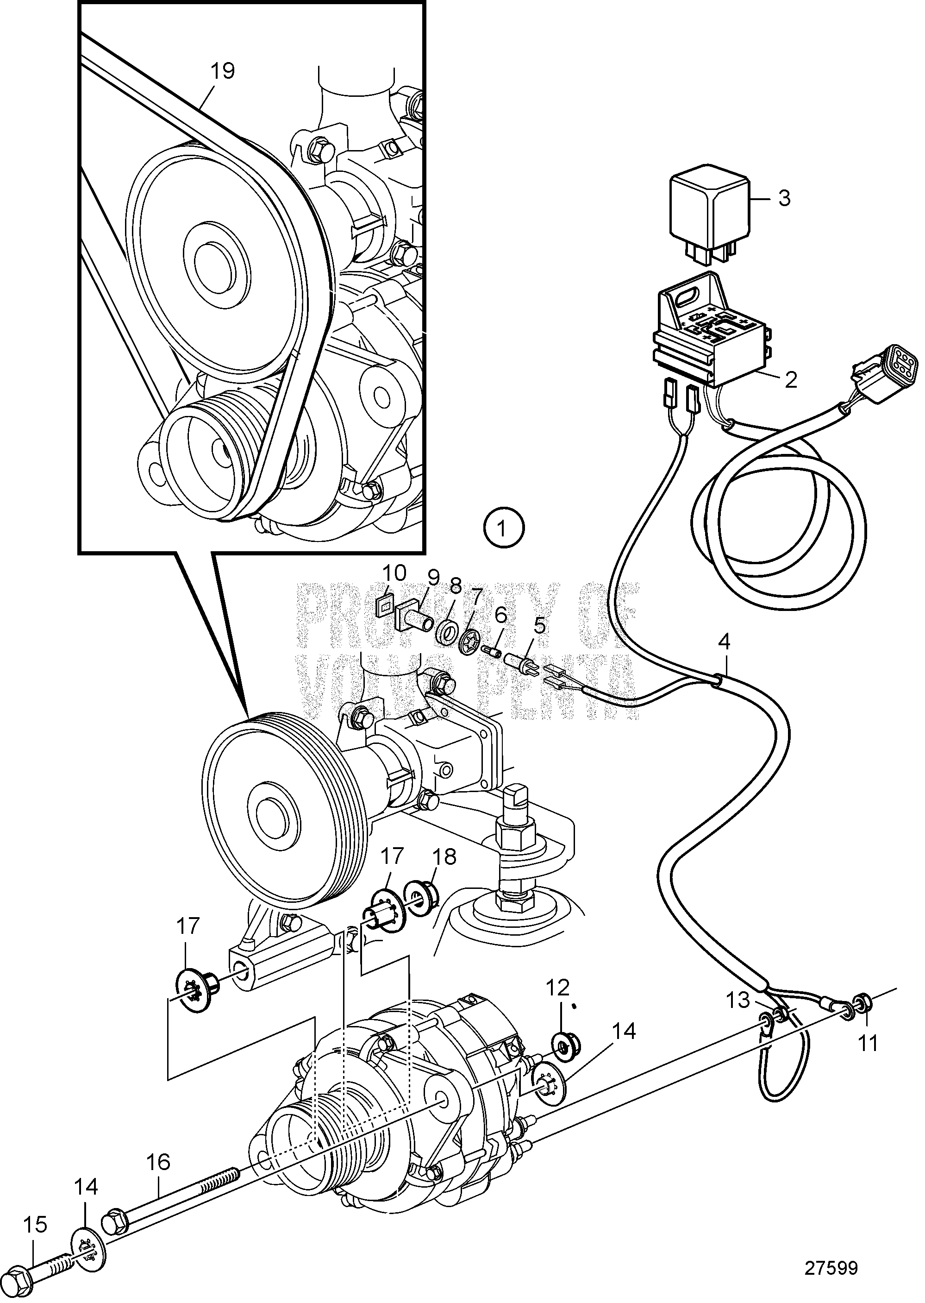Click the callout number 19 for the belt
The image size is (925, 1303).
coord(222,71)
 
